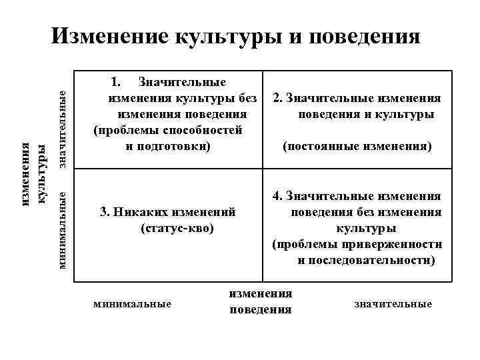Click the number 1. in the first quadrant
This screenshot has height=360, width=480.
click(x=115, y=82)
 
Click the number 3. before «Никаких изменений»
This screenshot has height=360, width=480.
click(x=105, y=213)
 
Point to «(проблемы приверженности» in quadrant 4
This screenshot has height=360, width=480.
click(x=357, y=245)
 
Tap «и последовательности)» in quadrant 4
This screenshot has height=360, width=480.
click(x=366, y=260)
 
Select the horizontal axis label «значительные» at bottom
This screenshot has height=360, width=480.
click(x=393, y=304)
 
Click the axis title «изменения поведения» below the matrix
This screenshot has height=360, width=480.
click(x=260, y=301)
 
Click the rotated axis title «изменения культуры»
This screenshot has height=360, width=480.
click(x=34, y=173)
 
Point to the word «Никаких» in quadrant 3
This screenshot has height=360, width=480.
click(x=139, y=213)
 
